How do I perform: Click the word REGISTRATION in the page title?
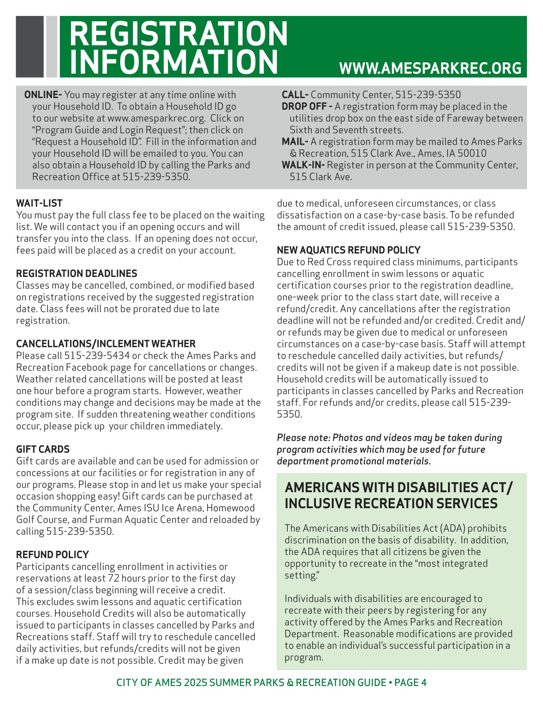pos(179,34)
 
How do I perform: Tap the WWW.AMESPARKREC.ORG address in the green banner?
pos(430,68)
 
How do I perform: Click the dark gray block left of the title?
pos(30,47)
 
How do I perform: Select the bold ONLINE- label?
pos(43,95)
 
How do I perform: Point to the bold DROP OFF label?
pos(307,107)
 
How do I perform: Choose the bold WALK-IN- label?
pos(303,165)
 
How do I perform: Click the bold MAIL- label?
pos(295,142)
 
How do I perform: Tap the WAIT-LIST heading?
pos(39,203)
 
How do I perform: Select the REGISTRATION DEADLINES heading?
pos(77,273)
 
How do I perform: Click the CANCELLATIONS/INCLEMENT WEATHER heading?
pos(106,344)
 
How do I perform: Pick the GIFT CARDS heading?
pos(43,449)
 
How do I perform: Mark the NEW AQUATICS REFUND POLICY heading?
pos(349,250)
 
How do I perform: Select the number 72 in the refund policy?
pos(114,578)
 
